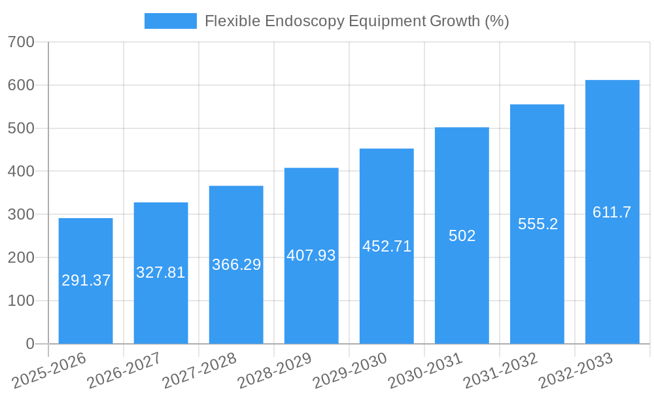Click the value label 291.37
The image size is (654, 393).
tap(86, 280)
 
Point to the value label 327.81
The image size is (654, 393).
tap(161, 272)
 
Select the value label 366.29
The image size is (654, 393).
tap(236, 265)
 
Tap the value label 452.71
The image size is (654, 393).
tap(387, 246)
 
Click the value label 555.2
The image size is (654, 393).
tap(538, 224)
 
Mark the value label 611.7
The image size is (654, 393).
tap(612, 212)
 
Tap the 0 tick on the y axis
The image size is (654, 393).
tap(30, 344)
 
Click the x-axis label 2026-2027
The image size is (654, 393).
tap(125, 370)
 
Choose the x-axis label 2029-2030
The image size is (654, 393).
tap(351, 370)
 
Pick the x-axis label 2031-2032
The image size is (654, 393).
tap(501, 370)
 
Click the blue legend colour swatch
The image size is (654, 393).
tap(171, 21)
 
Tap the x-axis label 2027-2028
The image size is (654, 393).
tap(200, 370)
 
